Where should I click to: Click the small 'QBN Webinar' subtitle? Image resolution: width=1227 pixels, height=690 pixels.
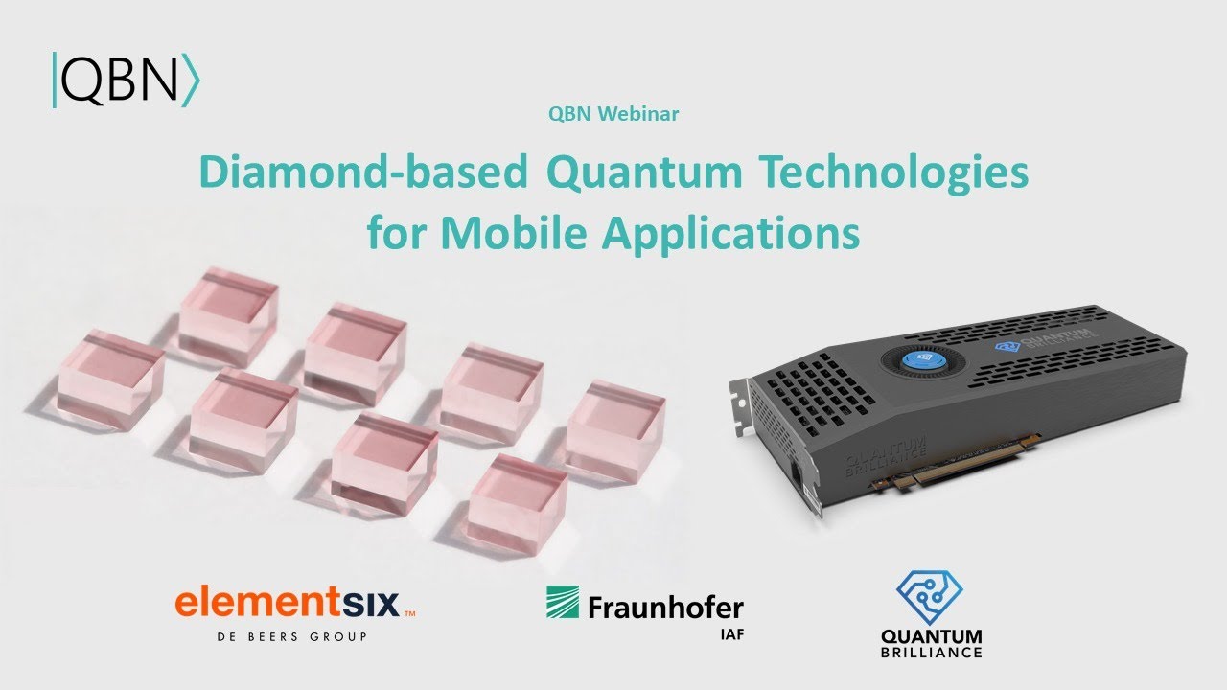tap(613, 114)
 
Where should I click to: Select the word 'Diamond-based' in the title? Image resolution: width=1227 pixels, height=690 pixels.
tap(362, 172)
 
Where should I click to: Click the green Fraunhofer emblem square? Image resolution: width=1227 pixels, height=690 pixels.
tap(563, 602)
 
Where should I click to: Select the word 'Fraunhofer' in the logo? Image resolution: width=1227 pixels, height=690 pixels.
tap(665, 607)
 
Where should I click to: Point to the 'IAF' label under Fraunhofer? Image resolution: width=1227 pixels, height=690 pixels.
tap(730, 634)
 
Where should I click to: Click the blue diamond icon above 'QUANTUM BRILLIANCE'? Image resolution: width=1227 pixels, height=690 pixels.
tap(929, 597)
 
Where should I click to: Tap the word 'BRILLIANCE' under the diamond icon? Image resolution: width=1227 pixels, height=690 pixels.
tap(931, 653)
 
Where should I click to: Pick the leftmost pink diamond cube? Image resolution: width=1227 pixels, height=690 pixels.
tap(109, 377)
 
